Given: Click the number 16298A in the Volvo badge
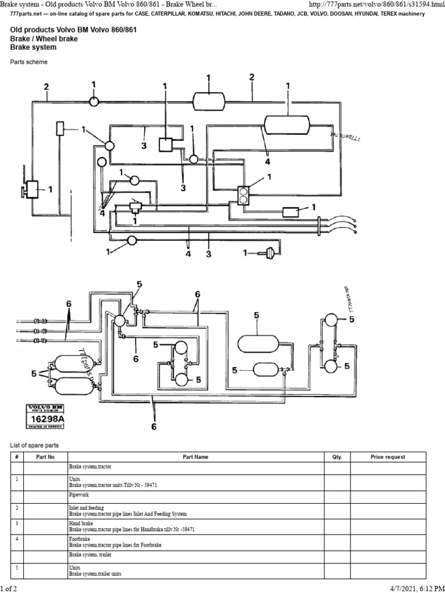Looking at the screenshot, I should (43, 417).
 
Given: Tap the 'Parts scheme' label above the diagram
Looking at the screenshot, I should (29, 61).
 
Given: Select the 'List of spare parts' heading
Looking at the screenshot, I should (35, 445).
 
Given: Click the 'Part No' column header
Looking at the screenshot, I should (45, 457).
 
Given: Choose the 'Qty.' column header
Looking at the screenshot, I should (337, 457).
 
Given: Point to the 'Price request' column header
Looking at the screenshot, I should (388, 457).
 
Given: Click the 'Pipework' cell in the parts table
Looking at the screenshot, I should (79, 496).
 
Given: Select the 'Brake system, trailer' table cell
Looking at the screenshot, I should (91, 555).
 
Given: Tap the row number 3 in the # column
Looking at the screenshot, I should (17, 524).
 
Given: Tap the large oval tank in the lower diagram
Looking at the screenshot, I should (258, 343).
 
